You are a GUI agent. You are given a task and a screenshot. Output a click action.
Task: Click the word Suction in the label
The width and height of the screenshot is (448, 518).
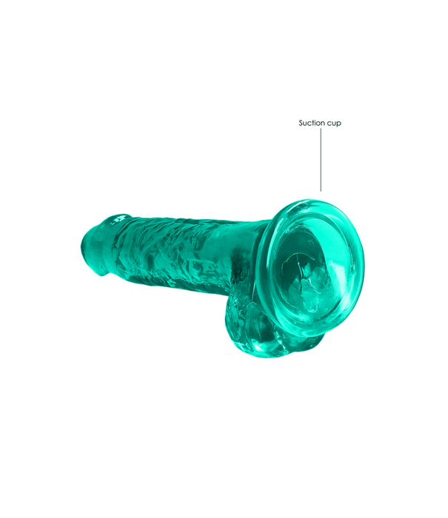(312, 124)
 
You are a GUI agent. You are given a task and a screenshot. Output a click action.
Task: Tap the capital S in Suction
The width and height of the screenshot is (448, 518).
(301, 124)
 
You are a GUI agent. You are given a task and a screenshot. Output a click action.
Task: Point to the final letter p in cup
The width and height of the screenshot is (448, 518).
(339, 124)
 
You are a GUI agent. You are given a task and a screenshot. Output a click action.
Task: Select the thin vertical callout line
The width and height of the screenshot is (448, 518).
(321, 159)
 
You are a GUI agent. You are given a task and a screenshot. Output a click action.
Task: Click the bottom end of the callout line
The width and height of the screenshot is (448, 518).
(321, 191)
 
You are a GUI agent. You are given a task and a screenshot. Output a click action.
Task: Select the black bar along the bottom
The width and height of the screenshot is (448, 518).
(224, 500)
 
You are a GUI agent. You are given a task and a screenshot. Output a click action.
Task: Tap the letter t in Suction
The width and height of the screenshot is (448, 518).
(314, 124)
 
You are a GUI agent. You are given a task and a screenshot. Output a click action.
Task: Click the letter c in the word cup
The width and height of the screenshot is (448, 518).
(330, 124)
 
